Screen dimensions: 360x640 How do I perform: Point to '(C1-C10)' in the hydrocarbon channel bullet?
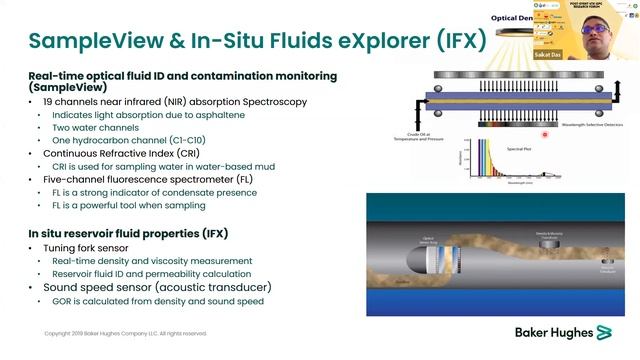click(179, 141)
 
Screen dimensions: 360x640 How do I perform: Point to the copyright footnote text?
click(125, 333)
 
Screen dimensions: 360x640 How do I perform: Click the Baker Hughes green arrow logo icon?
click(604, 331)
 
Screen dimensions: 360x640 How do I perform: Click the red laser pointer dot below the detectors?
click(545, 133)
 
